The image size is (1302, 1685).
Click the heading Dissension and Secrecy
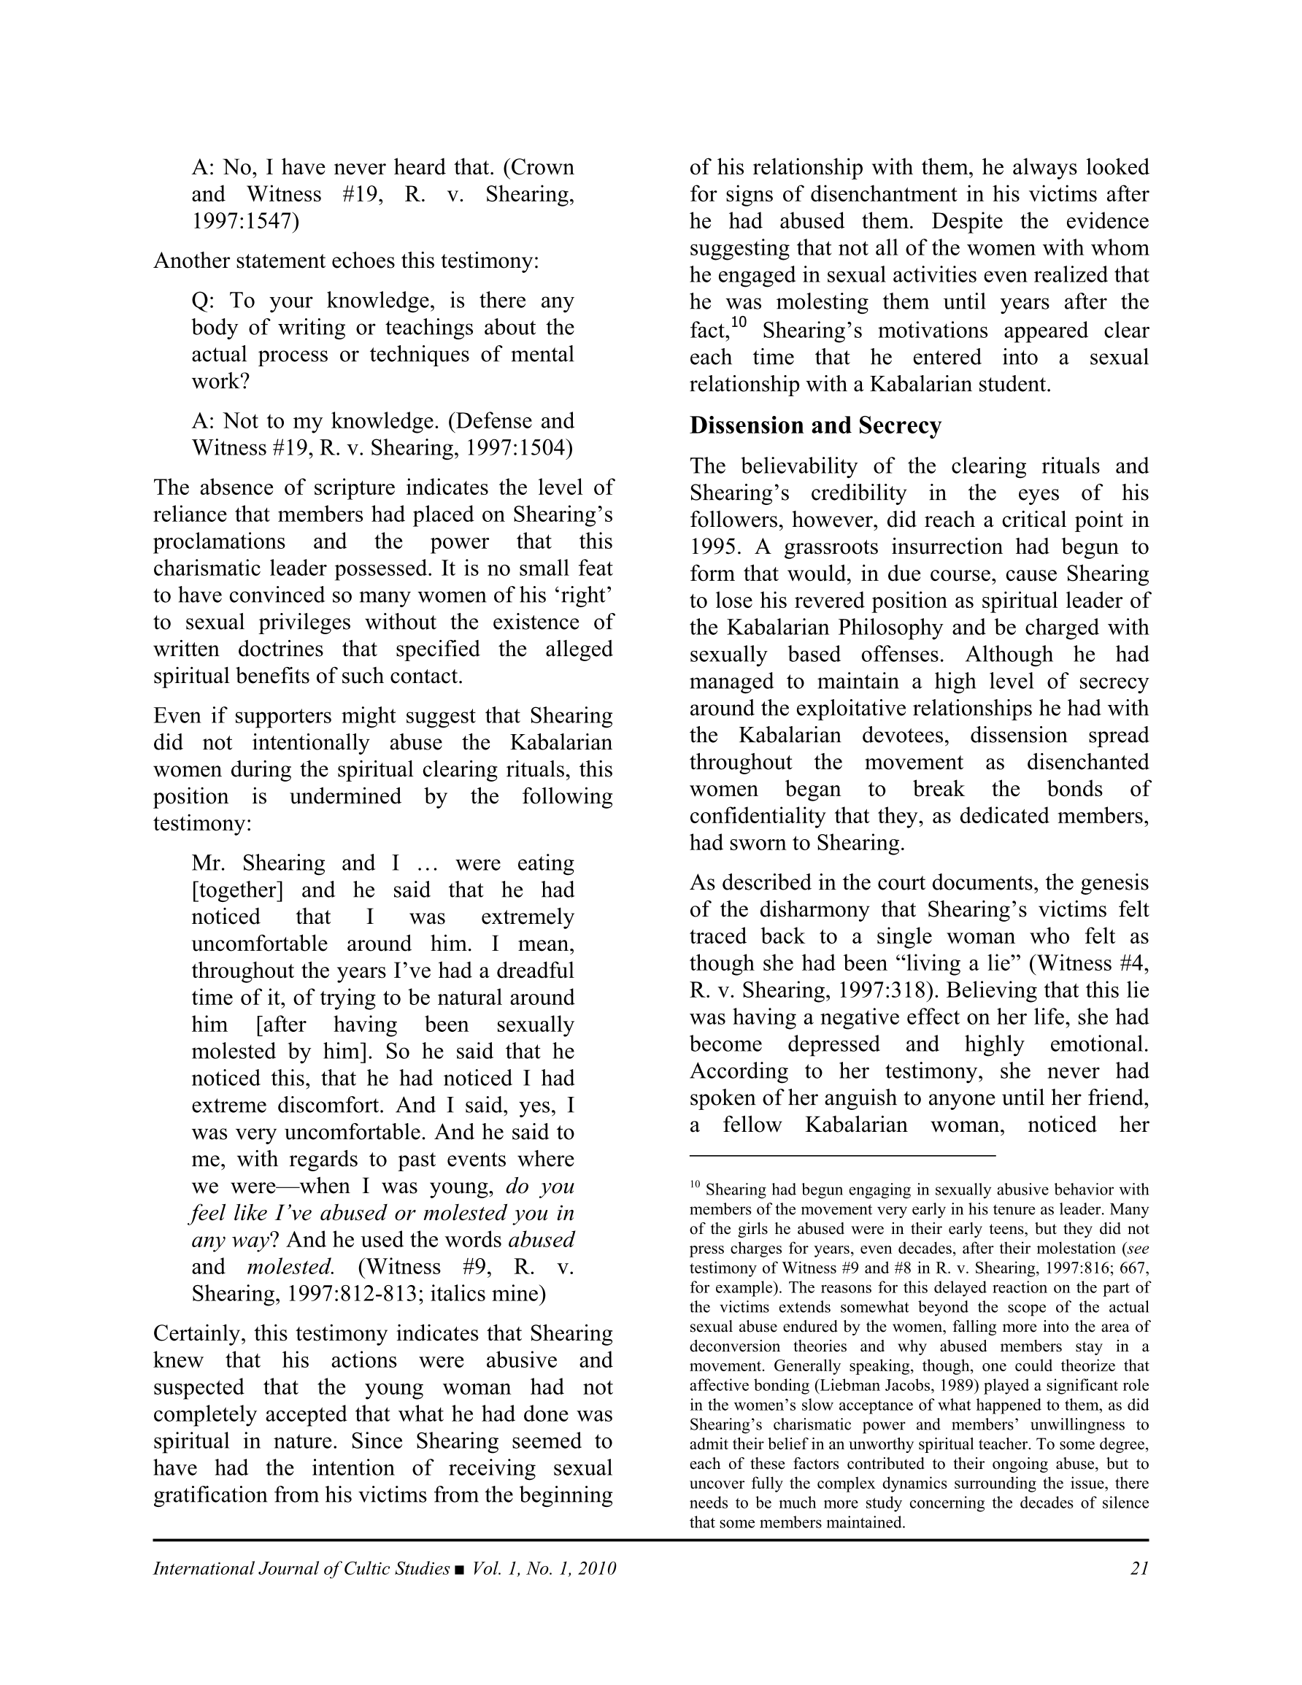click(815, 426)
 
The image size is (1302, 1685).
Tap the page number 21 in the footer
click(1139, 1568)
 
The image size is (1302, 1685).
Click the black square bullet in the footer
click(460, 1569)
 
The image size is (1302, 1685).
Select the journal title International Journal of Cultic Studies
click(301, 1568)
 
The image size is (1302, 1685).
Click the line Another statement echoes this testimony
click(346, 261)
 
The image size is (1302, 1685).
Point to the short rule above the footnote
click(842, 1156)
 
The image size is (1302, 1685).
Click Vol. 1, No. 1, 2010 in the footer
click(544, 1568)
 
